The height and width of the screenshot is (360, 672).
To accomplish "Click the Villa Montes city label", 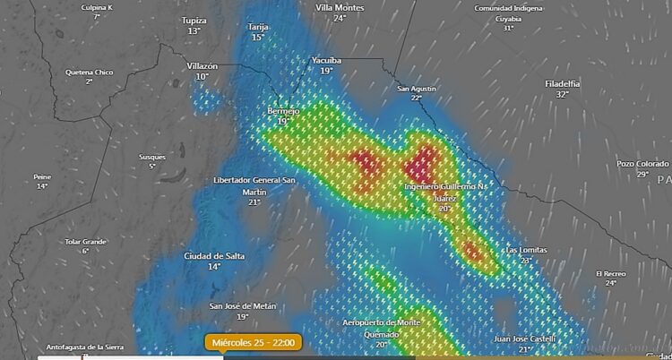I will (x=340, y=7).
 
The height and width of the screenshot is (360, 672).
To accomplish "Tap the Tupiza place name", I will (x=194, y=20).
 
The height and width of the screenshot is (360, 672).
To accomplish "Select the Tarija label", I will (x=258, y=27).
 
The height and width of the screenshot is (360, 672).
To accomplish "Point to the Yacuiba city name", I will (x=326, y=60).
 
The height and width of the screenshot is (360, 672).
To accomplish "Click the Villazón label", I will (x=202, y=66).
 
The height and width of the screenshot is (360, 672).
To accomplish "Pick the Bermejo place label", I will (x=283, y=110).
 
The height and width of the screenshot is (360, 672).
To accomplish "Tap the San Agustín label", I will (x=416, y=89).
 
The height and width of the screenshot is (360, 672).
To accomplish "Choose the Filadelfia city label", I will (x=562, y=83).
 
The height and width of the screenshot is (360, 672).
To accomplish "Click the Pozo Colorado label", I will (x=642, y=164).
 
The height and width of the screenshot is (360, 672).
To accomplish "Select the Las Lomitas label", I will (x=525, y=249).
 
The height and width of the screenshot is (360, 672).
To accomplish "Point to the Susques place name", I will (x=152, y=157).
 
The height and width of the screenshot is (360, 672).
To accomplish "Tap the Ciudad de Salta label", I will (x=214, y=256).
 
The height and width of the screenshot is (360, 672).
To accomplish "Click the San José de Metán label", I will (x=242, y=305).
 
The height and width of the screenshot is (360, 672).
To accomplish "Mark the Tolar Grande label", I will (x=86, y=241).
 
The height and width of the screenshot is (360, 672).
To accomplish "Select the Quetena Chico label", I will (x=90, y=72).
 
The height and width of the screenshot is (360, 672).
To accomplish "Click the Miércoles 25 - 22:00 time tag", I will (x=254, y=341).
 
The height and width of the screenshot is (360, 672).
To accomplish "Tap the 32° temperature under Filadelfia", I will (x=562, y=94).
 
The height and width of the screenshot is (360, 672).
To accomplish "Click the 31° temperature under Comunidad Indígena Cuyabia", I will (x=508, y=28).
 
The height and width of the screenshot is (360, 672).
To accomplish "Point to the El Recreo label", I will (x=610, y=273).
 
